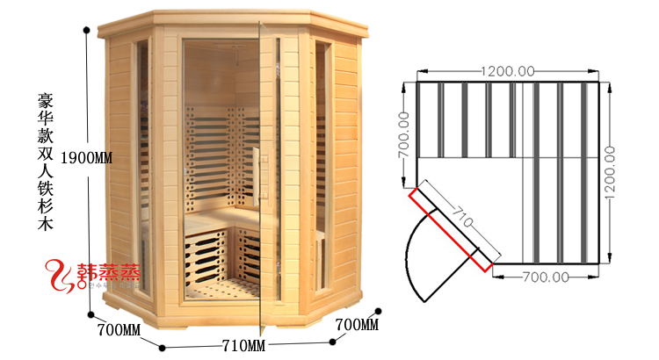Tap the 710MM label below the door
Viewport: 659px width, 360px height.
(243, 342)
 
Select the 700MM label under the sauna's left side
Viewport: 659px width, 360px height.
(119, 330)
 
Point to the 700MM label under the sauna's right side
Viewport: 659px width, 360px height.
(357, 326)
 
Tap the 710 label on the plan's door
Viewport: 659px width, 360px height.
(460, 214)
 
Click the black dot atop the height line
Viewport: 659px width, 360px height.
(86, 30)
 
